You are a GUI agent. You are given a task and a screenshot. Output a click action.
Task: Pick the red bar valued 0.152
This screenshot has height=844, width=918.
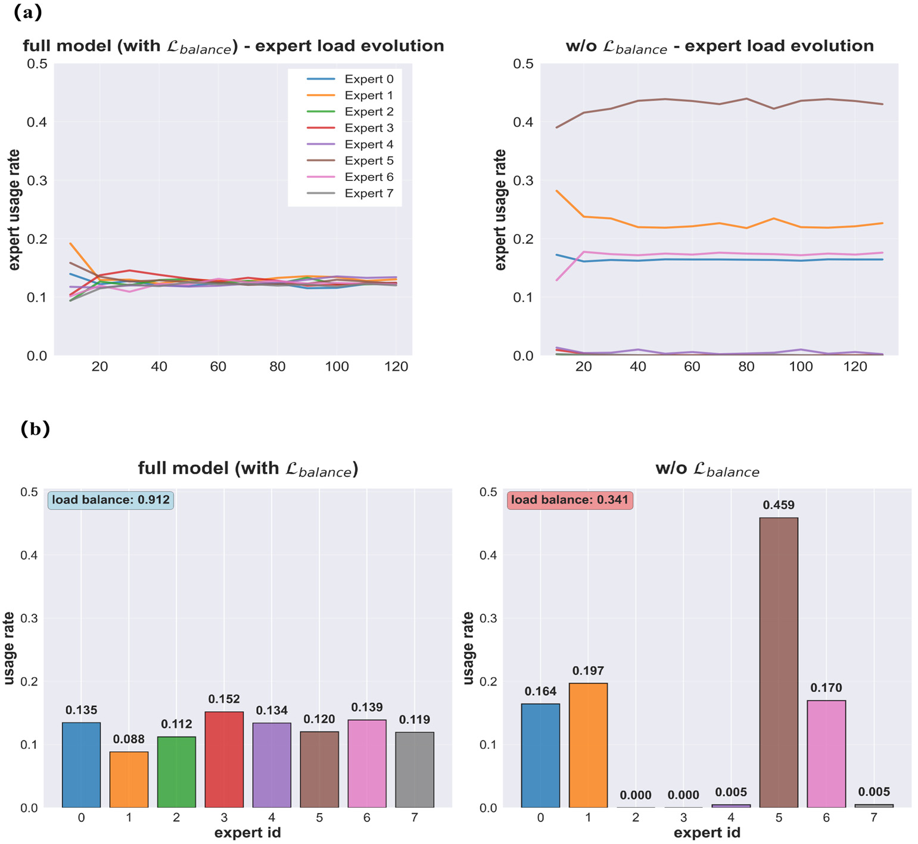click(x=224, y=759)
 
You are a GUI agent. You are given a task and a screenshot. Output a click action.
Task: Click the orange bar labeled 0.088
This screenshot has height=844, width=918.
click(x=129, y=780)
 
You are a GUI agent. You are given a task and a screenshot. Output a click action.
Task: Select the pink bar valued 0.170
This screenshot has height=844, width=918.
click(x=826, y=754)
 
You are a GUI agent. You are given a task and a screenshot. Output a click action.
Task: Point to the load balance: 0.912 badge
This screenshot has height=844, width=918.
click(x=111, y=500)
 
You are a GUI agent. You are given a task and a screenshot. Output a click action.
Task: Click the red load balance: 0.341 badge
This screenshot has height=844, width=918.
click(x=570, y=500)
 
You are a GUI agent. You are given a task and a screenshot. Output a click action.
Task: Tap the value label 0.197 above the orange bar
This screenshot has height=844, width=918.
click(x=588, y=671)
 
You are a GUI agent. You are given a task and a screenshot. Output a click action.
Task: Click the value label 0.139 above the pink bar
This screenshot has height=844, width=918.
click(x=367, y=707)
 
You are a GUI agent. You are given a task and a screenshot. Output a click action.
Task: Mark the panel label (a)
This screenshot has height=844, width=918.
click(x=27, y=12)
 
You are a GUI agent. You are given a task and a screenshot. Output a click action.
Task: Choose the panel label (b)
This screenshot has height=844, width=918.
click(x=35, y=429)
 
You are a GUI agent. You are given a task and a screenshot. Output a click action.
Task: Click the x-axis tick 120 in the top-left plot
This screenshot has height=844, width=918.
click(x=396, y=367)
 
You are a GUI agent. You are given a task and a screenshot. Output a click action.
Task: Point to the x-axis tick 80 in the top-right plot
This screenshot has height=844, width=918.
click(x=746, y=367)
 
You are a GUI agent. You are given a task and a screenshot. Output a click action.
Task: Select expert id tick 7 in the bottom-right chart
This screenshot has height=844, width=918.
click(x=873, y=818)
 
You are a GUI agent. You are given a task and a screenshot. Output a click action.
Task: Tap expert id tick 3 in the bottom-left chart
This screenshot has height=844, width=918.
click(x=224, y=818)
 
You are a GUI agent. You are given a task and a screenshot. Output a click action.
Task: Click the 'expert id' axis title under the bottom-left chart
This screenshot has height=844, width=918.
click(x=248, y=833)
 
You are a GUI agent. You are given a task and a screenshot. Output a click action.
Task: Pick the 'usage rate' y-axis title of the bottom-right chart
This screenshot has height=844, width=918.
click(x=468, y=648)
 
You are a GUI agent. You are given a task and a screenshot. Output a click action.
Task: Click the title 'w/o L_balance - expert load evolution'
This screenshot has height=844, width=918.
click(x=720, y=46)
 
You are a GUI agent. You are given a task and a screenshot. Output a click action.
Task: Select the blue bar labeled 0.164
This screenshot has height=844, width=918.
click(x=540, y=755)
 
